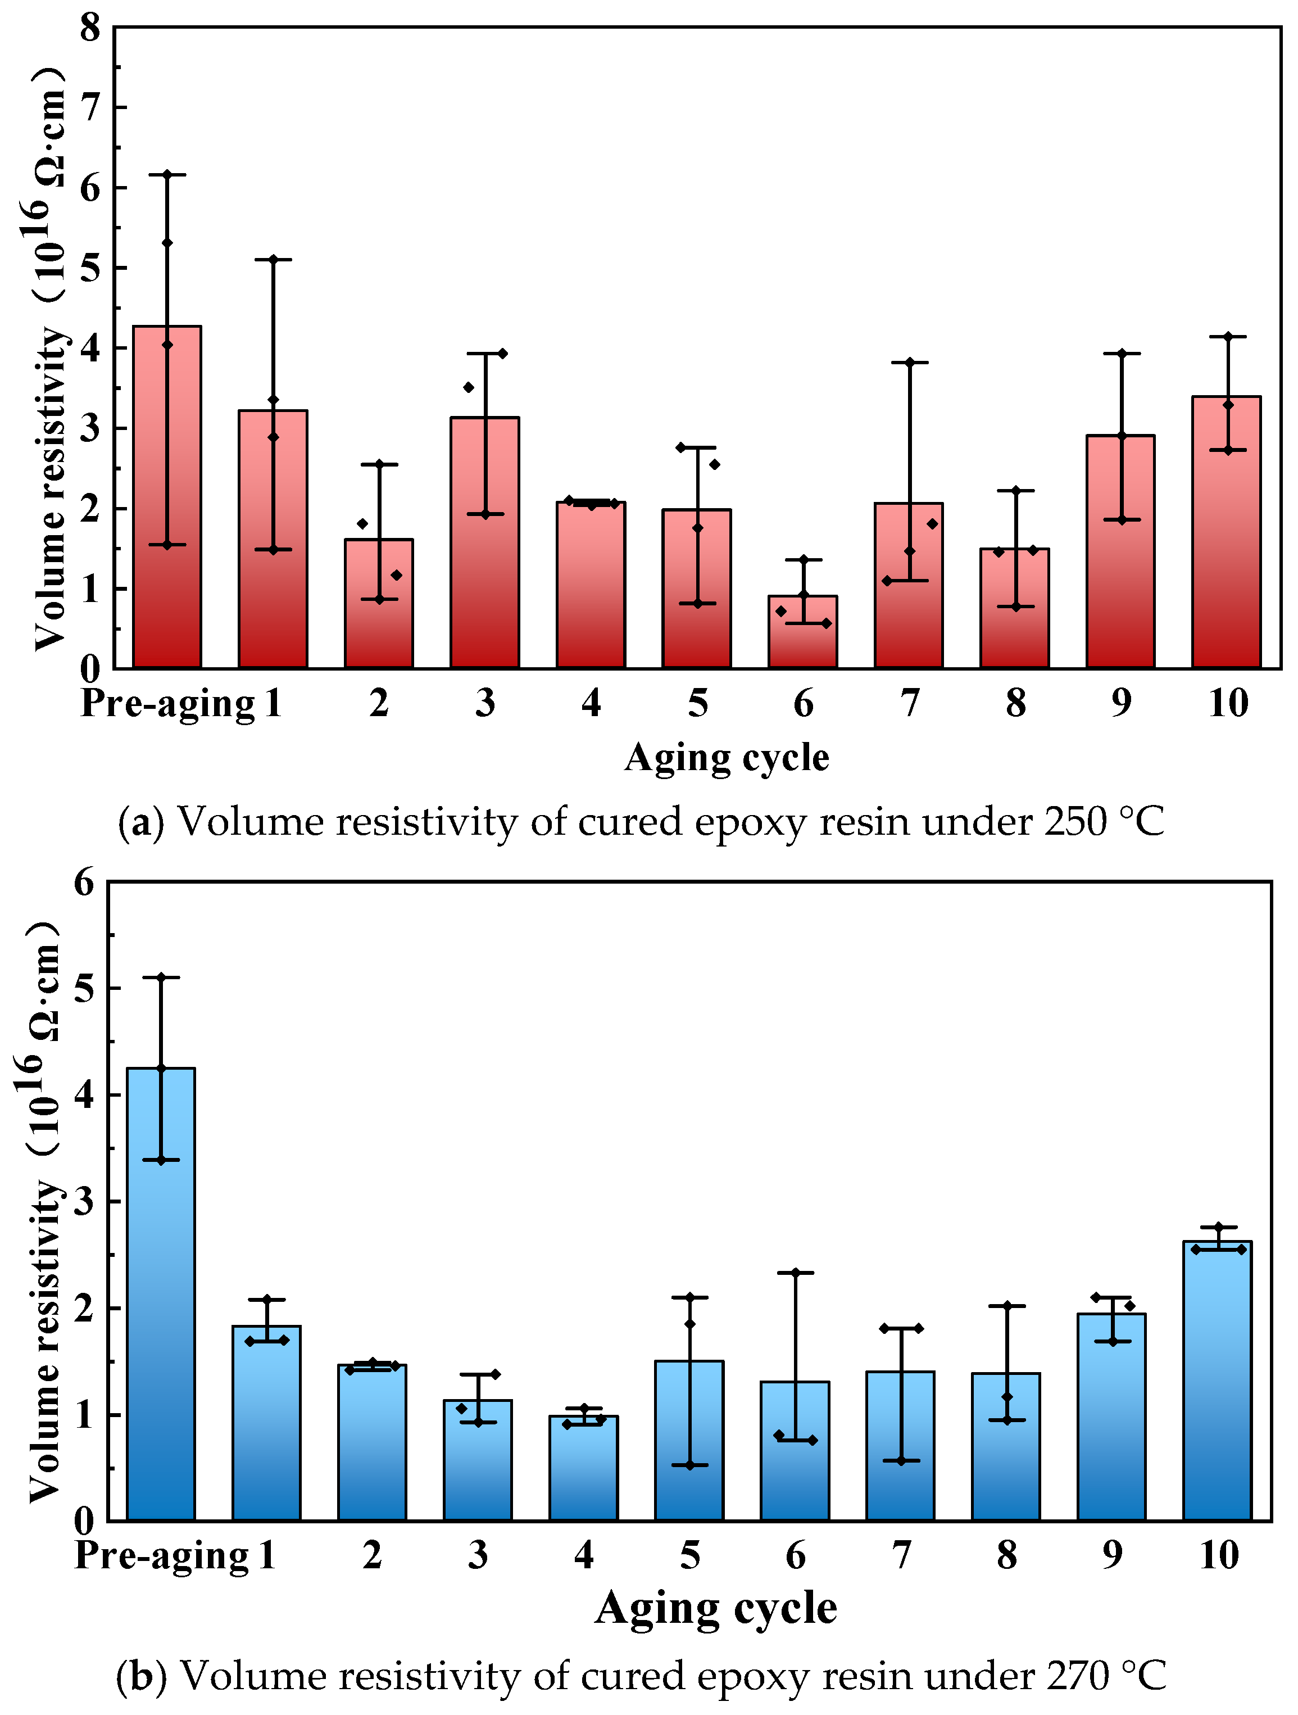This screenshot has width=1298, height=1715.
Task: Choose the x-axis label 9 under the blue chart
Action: point(1112,1555)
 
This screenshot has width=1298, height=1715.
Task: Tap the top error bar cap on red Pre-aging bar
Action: point(167,174)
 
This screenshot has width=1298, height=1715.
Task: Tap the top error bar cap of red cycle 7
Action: point(910,362)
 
